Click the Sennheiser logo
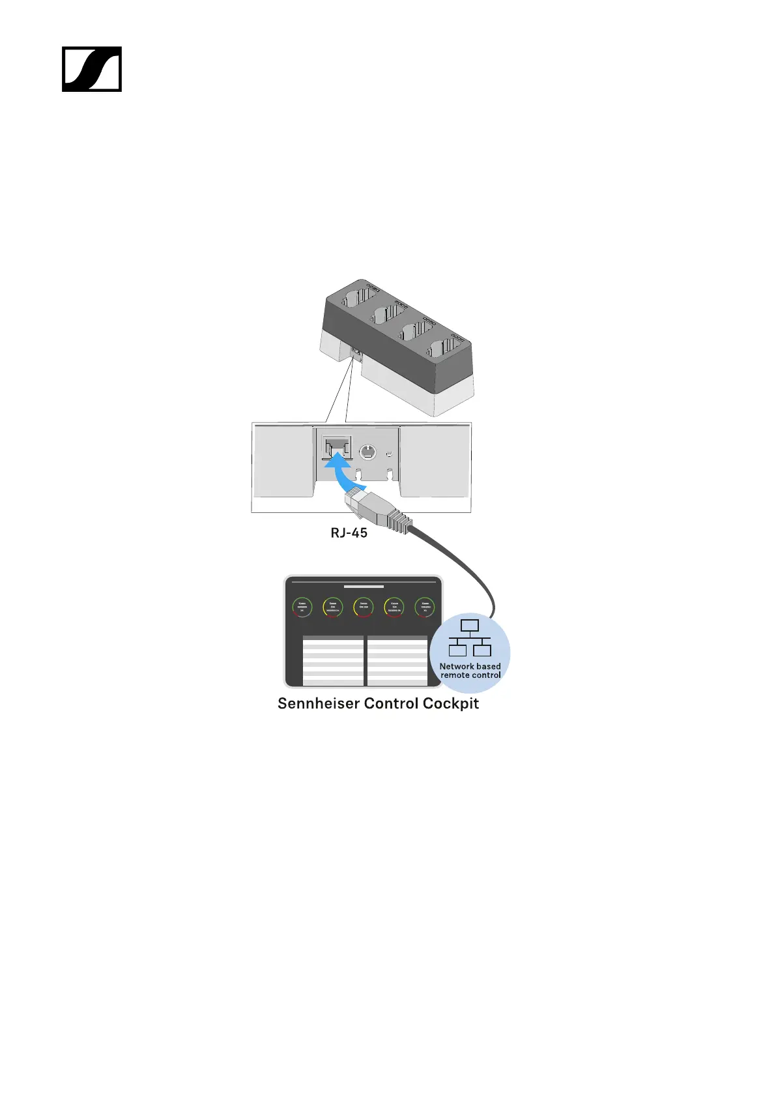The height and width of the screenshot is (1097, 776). tap(92, 69)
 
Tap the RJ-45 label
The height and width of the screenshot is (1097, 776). tap(349, 533)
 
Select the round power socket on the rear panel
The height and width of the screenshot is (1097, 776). tap(368, 450)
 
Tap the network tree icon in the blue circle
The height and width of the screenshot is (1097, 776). tap(470, 638)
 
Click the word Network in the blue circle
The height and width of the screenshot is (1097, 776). tap(457, 666)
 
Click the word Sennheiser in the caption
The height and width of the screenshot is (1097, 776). tap(318, 704)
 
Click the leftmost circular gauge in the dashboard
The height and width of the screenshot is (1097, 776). tap(302, 607)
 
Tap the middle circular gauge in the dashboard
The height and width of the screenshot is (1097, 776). tap(364, 607)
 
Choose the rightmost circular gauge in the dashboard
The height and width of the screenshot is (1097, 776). tap(425, 607)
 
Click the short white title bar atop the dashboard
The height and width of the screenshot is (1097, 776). tap(364, 587)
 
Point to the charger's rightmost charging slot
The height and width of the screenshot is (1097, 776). tap(446, 349)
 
